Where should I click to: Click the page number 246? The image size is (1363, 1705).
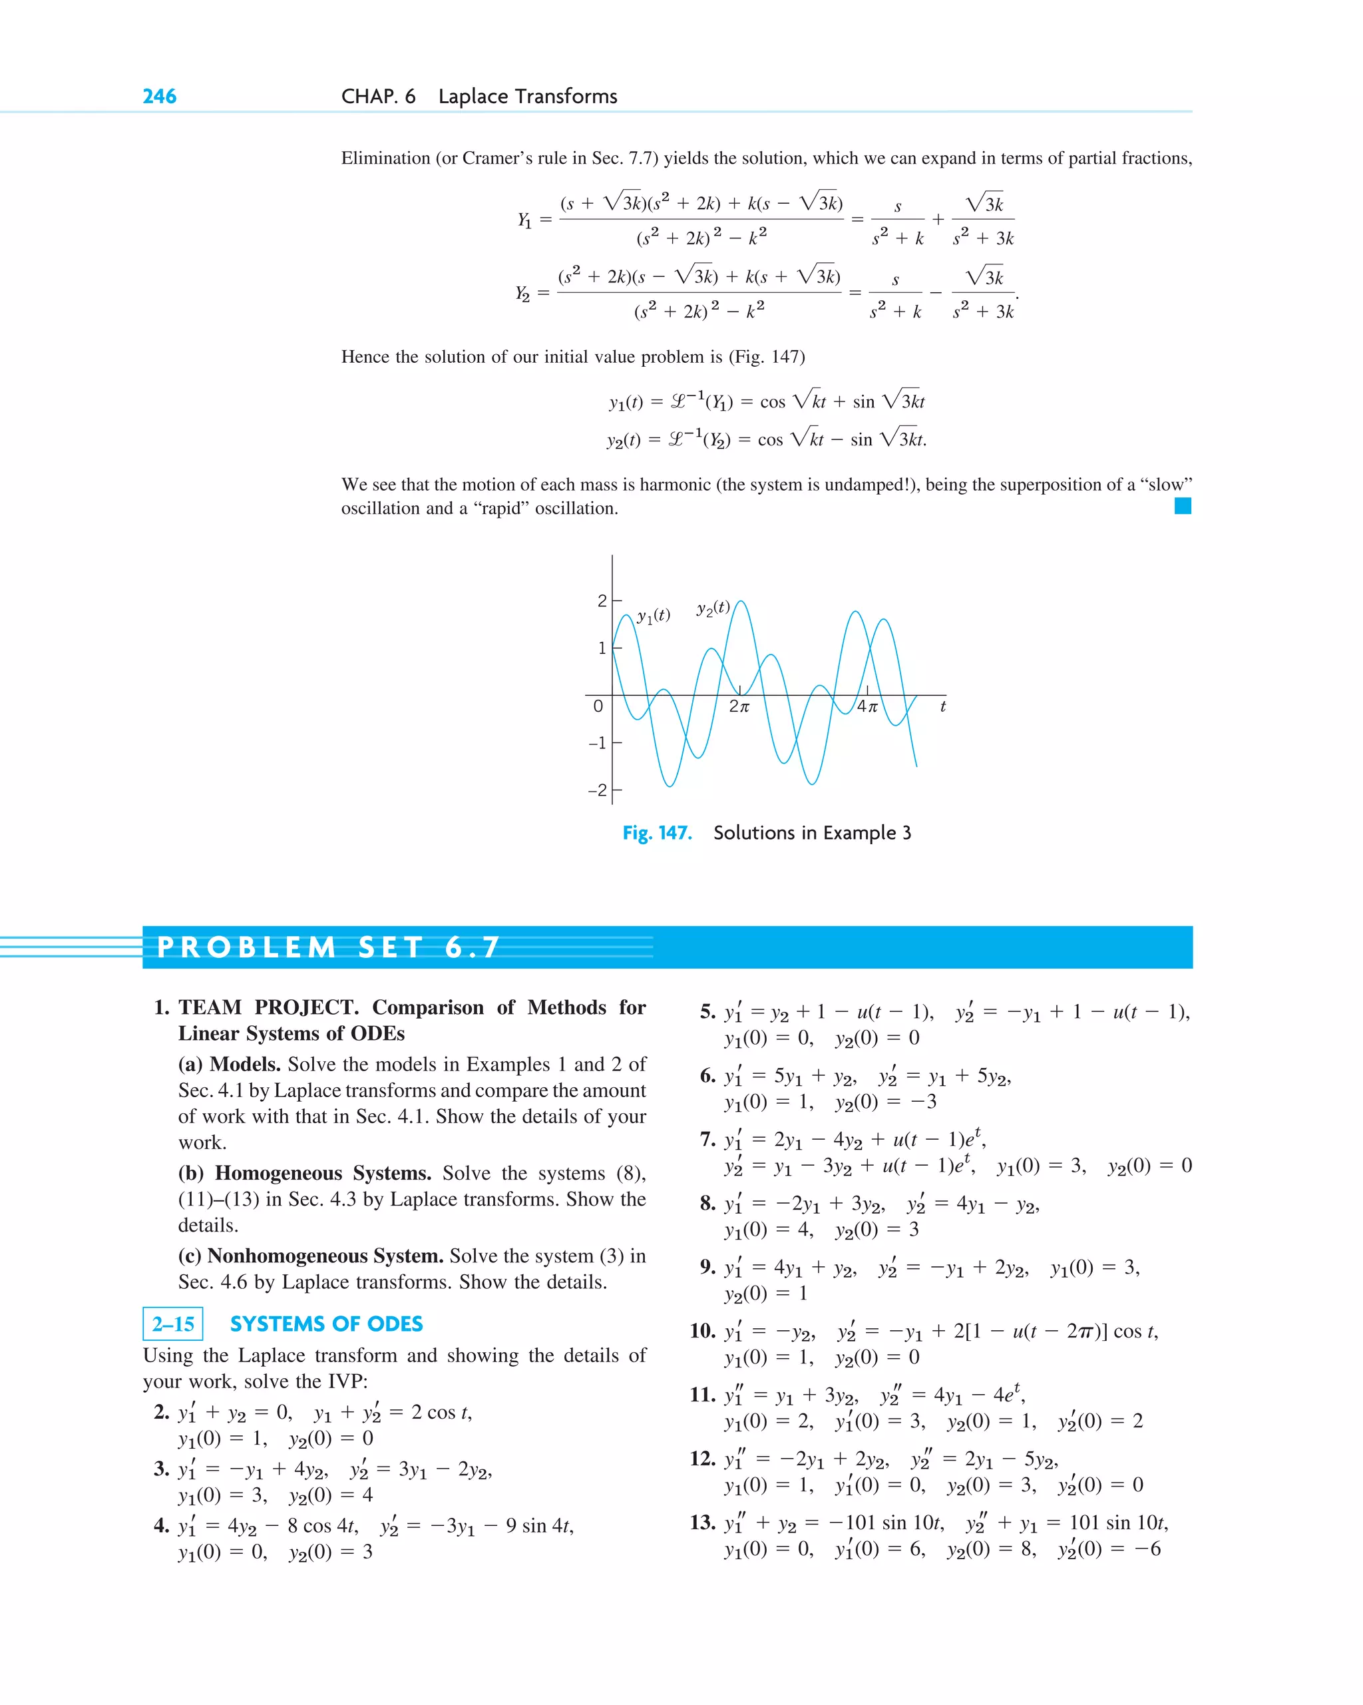tap(159, 97)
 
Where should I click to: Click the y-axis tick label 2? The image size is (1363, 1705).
tap(602, 601)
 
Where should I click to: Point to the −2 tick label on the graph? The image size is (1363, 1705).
tap(598, 790)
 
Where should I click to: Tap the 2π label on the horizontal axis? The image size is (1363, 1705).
tap(739, 706)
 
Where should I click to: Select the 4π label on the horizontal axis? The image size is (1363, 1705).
tap(867, 706)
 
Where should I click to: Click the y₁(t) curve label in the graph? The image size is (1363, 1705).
tap(653, 615)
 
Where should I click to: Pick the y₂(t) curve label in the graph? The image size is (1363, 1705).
tap(713, 608)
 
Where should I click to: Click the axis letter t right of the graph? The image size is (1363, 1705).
tap(942, 706)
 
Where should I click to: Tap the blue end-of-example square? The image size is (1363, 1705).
tap(1182, 506)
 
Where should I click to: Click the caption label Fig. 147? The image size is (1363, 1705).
tap(657, 833)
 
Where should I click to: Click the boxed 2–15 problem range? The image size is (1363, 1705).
tap(173, 1324)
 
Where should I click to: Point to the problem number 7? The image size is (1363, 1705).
tap(707, 1139)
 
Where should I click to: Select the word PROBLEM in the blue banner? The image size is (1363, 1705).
tap(247, 947)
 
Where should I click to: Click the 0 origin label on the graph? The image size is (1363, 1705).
tap(598, 706)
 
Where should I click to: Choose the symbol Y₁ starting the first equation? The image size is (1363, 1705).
tap(524, 219)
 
